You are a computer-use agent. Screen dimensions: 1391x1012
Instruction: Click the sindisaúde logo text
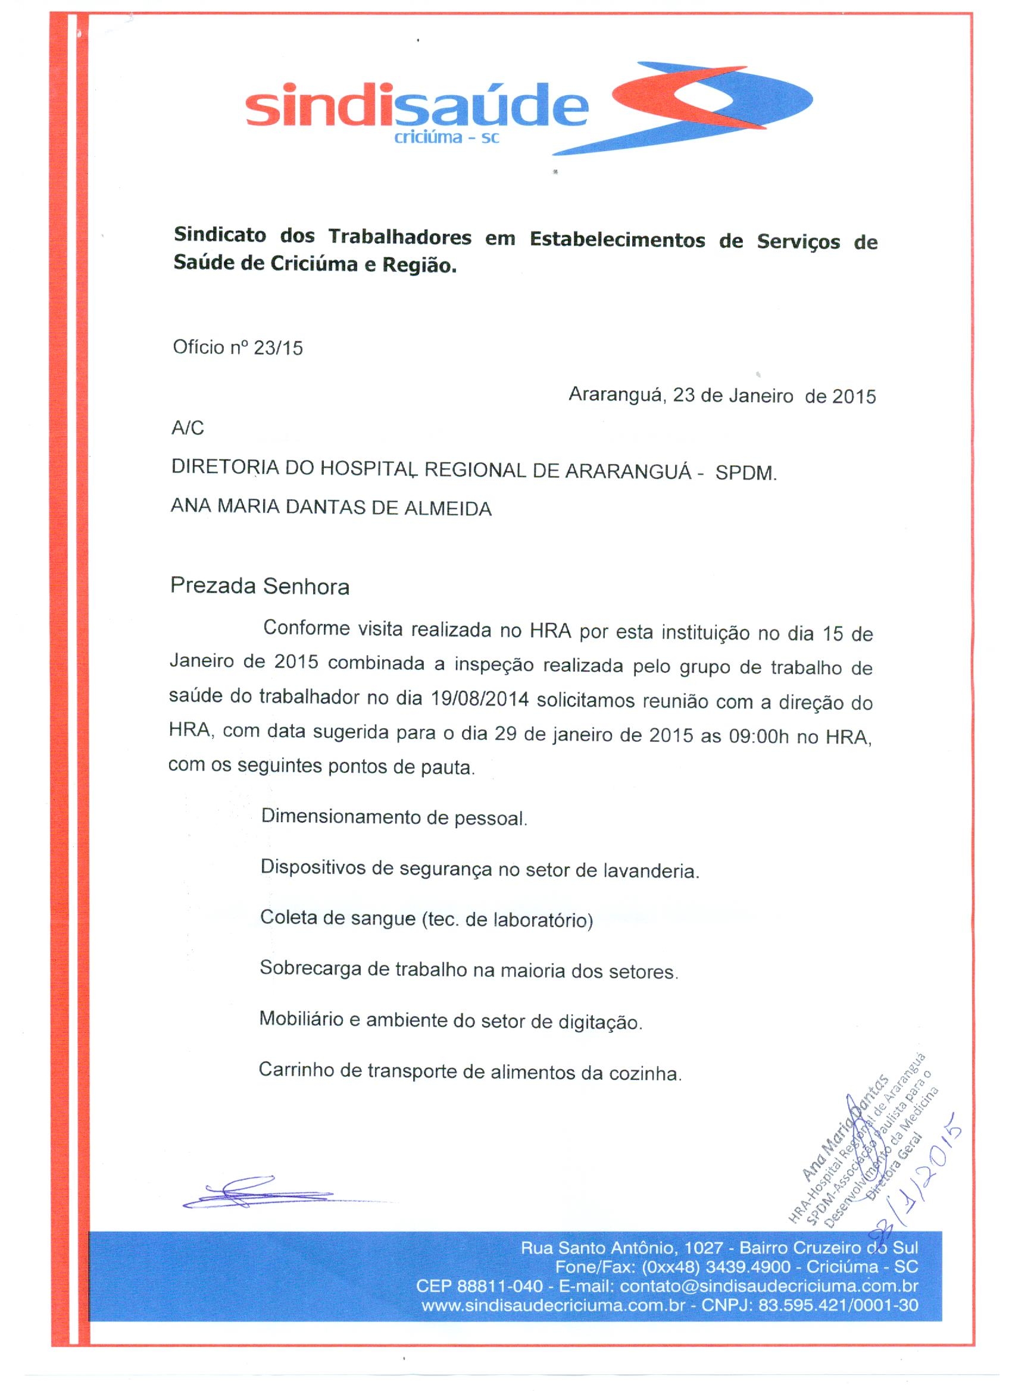coord(416,108)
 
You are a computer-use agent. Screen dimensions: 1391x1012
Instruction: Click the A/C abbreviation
coord(187,428)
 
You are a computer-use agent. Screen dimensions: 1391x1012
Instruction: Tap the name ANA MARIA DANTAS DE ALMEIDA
coord(332,508)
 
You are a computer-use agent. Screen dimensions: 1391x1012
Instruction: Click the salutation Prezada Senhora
coord(260,587)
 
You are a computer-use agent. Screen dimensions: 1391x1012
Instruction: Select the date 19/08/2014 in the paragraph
coord(480,700)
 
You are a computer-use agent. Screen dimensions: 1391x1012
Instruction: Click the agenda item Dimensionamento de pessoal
coord(394,817)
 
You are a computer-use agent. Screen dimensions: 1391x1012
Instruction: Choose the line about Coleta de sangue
coord(426,919)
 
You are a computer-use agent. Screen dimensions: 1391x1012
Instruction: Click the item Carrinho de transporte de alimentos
coord(470,1072)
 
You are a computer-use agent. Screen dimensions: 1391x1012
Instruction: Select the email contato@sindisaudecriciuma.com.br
coord(769,1286)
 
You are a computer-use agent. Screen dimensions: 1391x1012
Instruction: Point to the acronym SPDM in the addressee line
coord(746,474)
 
